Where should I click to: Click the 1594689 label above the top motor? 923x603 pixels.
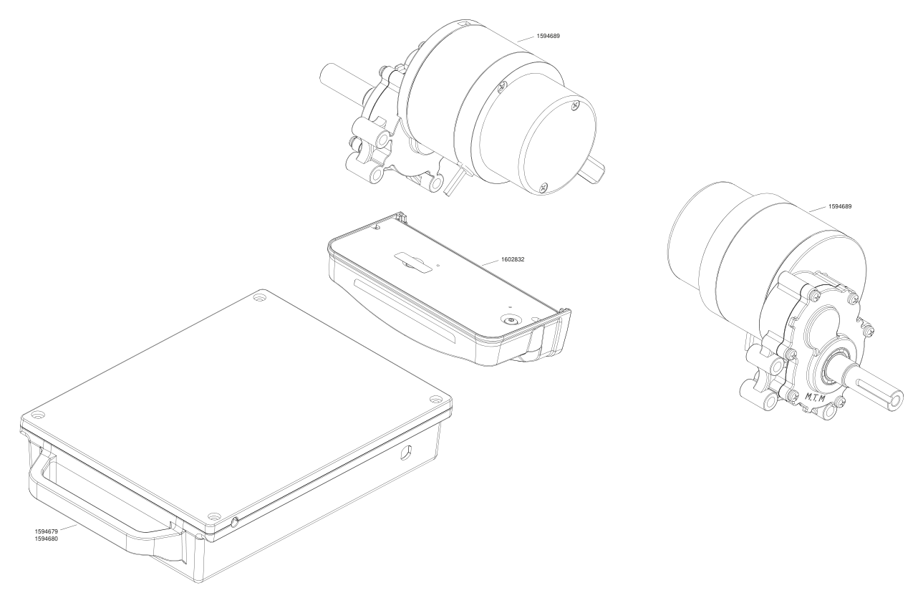tap(548, 36)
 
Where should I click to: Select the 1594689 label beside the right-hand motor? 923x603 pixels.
tap(840, 206)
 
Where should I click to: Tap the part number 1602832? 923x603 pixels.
tap(513, 259)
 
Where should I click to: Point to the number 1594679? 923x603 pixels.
tap(46, 531)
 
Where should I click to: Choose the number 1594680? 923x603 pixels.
tap(46, 539)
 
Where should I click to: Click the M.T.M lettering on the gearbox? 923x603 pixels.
tap(815, 397)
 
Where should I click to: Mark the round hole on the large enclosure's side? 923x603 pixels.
tap(406, 453)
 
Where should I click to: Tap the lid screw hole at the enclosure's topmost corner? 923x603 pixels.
tap(260, 296)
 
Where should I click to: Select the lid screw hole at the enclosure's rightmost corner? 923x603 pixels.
tap(435, 400)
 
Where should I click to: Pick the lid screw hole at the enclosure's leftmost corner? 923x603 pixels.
tap(37, 413)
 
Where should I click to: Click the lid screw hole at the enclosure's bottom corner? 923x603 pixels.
tap(214, 516)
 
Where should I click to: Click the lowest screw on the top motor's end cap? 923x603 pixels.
tap(544, 187)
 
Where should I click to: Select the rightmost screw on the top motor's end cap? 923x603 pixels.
tap(576, 105)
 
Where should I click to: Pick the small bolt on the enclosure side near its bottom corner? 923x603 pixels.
tap(235, 522)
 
